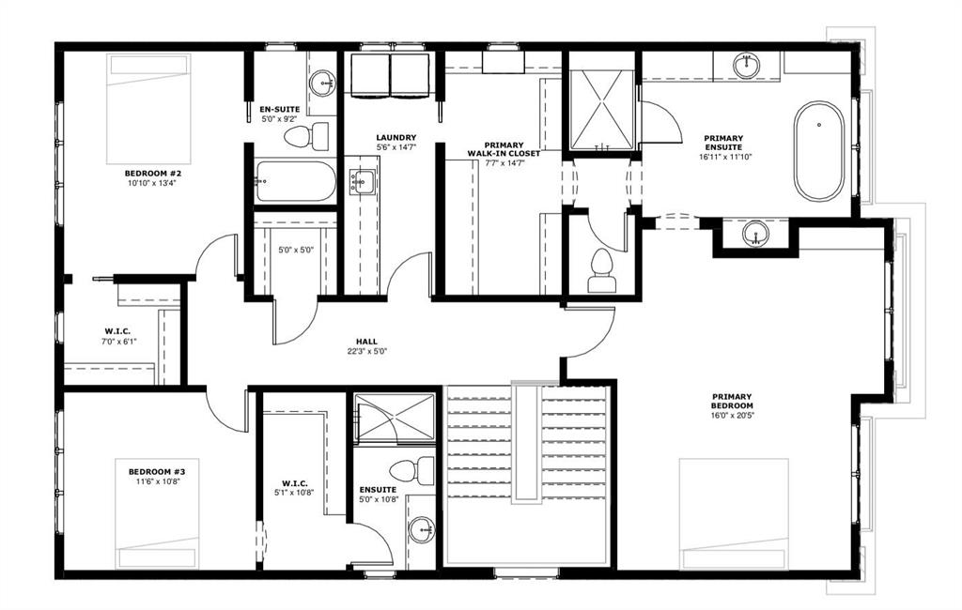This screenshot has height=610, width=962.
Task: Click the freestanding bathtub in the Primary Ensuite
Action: (x=818, y=150)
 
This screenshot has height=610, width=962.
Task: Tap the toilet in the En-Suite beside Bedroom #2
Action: (x=306, y=136)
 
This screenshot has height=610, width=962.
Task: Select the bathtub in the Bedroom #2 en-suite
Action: (x=295, y=181)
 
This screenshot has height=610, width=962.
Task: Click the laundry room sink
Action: (x=362, y=181)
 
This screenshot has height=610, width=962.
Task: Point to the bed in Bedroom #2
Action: (x=148, y=109)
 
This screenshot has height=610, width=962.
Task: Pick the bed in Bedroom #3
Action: (x=158, y=513)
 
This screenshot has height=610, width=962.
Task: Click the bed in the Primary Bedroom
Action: (x=734, y=513)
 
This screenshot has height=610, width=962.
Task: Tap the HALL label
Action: (x=367, y=342)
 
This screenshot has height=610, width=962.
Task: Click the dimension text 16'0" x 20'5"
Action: (x=732, y=415)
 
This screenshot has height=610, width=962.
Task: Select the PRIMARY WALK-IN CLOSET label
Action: (x=504, y=149)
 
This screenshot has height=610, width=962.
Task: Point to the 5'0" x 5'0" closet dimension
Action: (x=296, y=251)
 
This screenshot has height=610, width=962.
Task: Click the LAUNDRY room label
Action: (x=396, y=138)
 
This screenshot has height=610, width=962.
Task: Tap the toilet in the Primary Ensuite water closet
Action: (x=600, y=271)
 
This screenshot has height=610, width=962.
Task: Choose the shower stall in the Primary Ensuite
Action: (x=601, y=110)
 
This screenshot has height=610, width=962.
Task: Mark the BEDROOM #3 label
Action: (x=157, y=471)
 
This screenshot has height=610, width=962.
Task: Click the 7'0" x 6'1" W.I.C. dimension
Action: (x=119, y=342)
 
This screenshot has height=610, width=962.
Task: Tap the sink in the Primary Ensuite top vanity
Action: (x=747, y=66)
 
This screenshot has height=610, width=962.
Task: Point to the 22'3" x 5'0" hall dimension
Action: (x=367, y=351)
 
